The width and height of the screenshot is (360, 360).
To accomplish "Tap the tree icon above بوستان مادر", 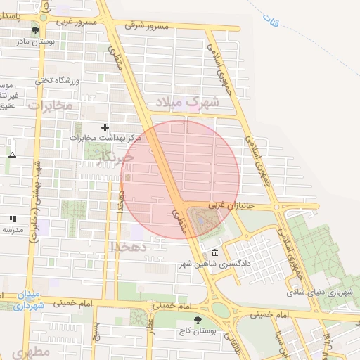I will (36, 30).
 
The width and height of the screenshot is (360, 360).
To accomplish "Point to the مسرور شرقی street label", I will (148, 26).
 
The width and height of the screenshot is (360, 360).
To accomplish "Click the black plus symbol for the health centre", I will (105, 127).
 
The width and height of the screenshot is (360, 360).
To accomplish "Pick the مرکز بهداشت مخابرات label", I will (106, 139).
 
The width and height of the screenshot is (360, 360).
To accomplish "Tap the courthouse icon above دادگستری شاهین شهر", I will (214, 252).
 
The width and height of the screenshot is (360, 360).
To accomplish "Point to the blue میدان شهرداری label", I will (28, 300).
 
